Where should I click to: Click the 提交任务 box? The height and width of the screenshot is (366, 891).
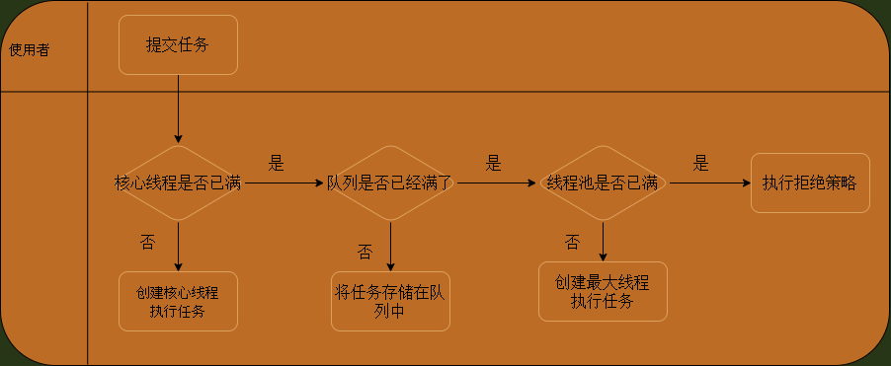coord(178,44)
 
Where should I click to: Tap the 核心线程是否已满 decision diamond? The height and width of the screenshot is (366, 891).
coord(178,183)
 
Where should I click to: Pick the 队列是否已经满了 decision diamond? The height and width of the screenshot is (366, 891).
coord(390,183)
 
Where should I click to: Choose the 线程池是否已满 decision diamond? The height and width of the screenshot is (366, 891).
coord(603,183)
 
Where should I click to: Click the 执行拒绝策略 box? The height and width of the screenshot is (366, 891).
coord(810,183)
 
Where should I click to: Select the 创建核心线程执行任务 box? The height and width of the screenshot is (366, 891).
coord(178,301)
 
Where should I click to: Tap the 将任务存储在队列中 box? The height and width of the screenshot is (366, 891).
coord(390,301)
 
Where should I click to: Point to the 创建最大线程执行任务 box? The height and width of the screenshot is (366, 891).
coord(603,291)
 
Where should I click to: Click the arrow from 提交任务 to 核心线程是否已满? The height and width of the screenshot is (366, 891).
coord(178,109)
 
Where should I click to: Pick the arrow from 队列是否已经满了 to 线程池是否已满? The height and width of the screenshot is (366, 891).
coord(497,183)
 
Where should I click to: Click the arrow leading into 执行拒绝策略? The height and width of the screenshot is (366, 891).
coord(708,183)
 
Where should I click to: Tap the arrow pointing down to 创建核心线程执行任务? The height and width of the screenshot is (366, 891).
coord(178,247)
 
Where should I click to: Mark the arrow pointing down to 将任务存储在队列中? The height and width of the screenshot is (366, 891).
coord(390,247)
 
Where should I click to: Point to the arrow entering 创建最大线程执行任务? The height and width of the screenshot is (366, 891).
coord(603,242)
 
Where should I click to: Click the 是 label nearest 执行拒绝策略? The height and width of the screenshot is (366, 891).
coord(701,164)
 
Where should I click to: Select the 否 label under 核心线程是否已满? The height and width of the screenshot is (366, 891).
coord(147,242)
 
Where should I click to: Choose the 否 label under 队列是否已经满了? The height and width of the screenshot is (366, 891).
coord(364,252)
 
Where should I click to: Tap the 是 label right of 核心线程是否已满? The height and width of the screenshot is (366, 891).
coord(277,162)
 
